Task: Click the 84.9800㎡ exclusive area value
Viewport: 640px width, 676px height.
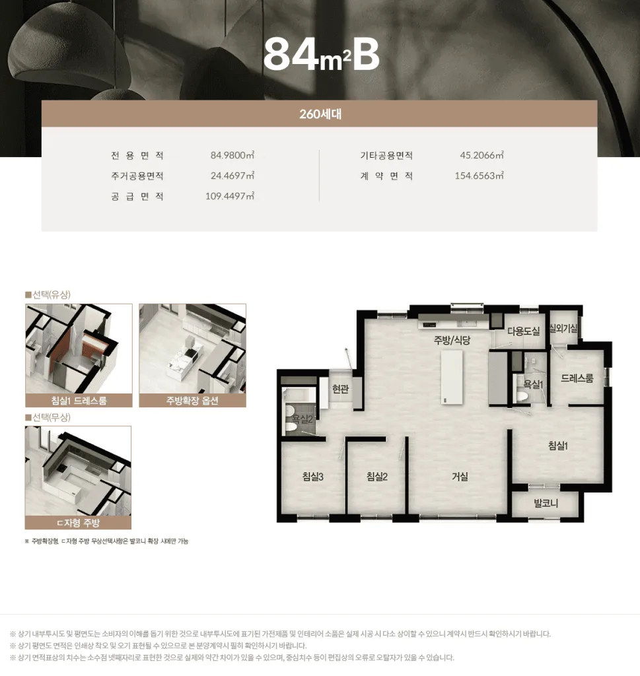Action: click(x=232, y=155)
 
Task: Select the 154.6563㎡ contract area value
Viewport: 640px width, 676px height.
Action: click(x=479, y=176)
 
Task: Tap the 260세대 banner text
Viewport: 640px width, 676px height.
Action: click(x=320, y=114)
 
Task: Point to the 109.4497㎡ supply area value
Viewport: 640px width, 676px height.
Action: click(x=230, y=196)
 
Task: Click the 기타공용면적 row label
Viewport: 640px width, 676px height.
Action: click(x=386, y=155)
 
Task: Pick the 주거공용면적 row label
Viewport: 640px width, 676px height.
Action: click(x=137, y=176)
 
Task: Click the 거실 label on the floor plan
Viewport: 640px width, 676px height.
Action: click(x=460, y=477)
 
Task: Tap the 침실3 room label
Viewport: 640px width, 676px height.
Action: click(x=312, y=477)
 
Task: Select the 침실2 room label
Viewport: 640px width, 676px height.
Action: click(x=377, y=477)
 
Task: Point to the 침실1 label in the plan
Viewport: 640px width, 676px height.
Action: click(x=557, y=446)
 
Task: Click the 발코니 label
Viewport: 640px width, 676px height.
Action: click(x=546, y=503)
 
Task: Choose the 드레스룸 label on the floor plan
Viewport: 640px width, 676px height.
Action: click(x=577, y=378)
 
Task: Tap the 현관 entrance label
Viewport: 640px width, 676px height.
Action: click(x=340, y=389)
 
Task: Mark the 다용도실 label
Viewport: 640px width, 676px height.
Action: click(x=523, y=331)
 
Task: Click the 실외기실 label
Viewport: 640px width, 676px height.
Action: click(x=563, y=329)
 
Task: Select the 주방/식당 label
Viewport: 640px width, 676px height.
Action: click(x=452, y=340)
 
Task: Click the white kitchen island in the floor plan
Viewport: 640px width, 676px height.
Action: click(x=452, y=377)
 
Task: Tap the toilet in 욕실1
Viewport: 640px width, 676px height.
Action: click(x=523, y=395)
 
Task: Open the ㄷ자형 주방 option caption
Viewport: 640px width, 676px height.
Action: click(x=78, y=523)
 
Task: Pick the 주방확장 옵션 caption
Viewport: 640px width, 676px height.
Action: click(x=192, y=401)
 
